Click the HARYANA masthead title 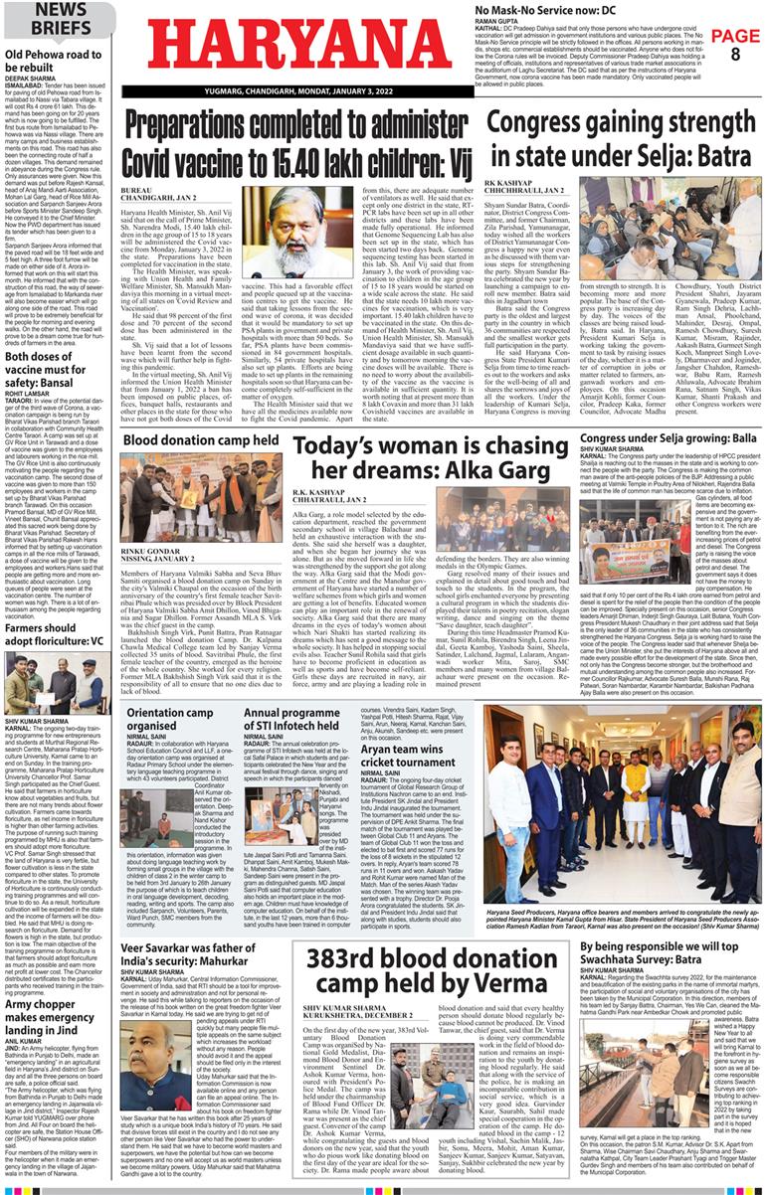[300, 45]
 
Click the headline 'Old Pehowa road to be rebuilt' [55, 62]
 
